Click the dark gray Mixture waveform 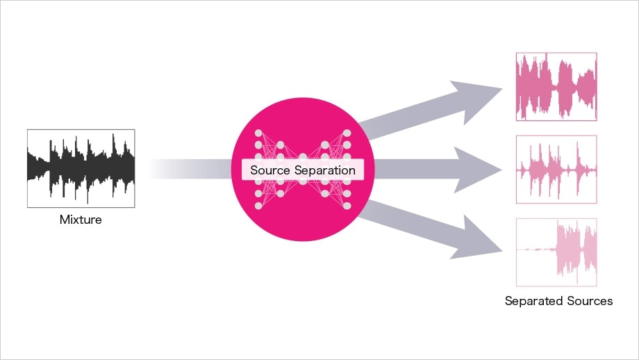[81, 168]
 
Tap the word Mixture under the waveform [81, 220]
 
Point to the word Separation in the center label [326, 170]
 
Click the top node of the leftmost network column [259, 133]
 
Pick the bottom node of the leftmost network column [259, 206]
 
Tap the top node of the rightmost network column [347, 133]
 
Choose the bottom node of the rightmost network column [347, 206]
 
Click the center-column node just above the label [303, 158]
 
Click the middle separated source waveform [556, 170]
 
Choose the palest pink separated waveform [556, 252]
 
